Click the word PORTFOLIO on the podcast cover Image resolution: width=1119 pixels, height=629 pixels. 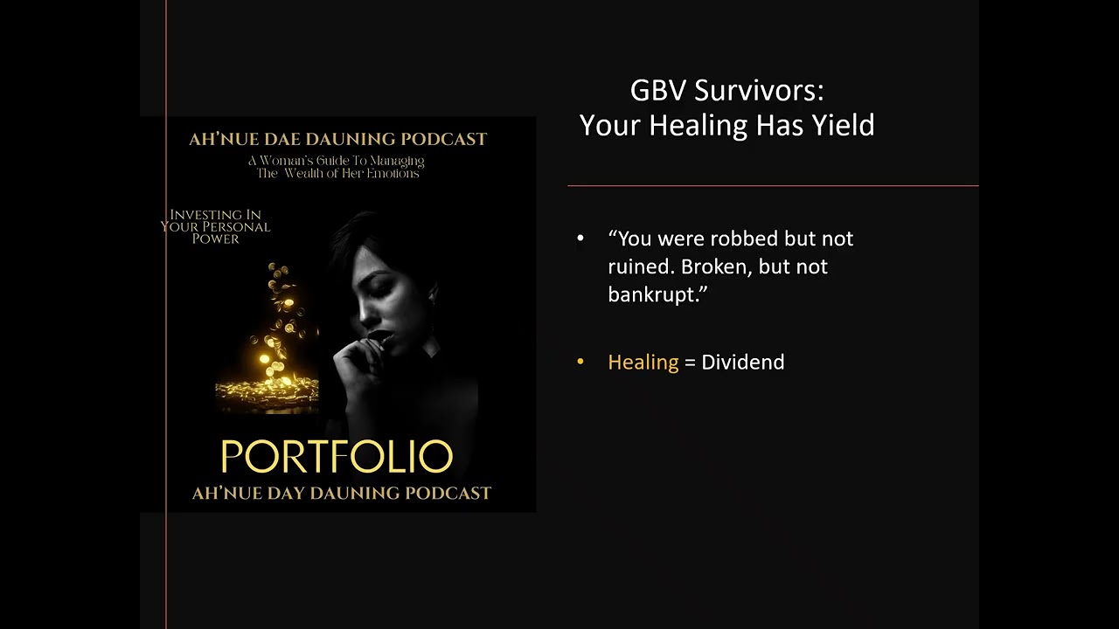click(x=337, y=457)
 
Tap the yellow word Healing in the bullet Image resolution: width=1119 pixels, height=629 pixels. click(x=643, y=362)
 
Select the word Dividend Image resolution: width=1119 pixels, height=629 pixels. click(x=742, y=362)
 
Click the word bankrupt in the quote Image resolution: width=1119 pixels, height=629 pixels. click(x=651, y=294)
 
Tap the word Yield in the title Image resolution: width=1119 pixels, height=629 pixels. click(x=843, y=125)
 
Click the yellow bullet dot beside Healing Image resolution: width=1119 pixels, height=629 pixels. click(x=580, y=362)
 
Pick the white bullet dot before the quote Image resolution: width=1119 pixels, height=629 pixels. click(x=580, y=238)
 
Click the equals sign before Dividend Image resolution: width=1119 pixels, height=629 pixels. click(x=690, y=363)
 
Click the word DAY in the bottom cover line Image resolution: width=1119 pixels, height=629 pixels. click(x=290, y=494)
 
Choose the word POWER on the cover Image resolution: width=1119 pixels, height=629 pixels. click(x=215, y=238)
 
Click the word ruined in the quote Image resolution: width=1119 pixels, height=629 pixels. click(x=639, y=266)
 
